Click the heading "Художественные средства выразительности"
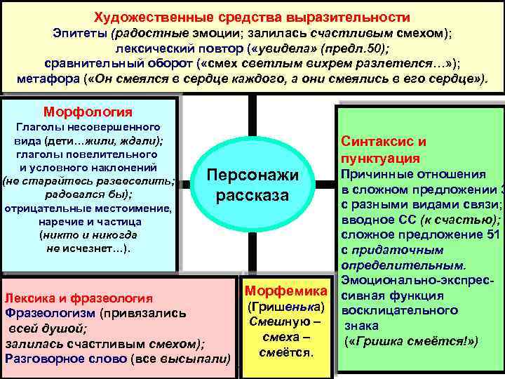point(252,16)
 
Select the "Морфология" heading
point(88,112)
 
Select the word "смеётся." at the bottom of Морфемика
point(285,352)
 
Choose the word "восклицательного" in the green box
point(402,310)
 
